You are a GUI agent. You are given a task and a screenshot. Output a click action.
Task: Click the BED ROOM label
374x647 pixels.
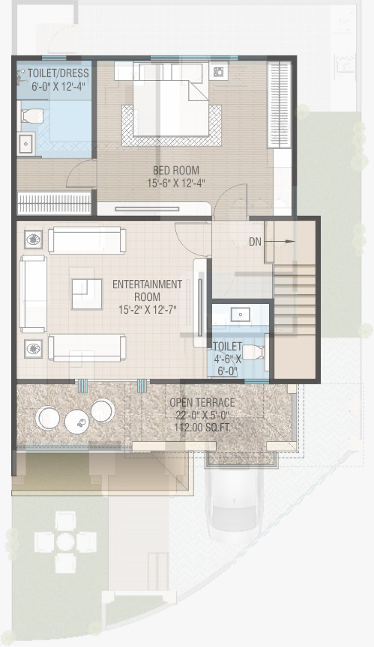coord(176,170)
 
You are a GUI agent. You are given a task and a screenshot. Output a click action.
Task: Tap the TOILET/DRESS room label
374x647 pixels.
coord(58,73)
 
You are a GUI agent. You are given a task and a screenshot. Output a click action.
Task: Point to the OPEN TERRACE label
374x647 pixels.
coord(202,402)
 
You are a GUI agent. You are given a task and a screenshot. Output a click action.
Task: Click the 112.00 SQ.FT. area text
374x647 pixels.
coord(202,428)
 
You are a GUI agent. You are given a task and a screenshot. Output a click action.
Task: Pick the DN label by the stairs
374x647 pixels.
coord(255,242)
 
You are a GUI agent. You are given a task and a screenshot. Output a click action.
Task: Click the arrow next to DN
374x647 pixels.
coord(280,241)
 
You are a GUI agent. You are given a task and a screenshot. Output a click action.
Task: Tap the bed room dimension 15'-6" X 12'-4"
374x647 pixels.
coord(176,183)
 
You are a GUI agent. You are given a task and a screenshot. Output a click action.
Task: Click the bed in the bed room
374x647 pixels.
coord(171,99)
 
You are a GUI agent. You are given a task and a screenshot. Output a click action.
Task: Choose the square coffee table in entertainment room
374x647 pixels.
coord(87,294)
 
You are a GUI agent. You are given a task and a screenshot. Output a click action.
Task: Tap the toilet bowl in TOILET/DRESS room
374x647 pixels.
coord(31,116)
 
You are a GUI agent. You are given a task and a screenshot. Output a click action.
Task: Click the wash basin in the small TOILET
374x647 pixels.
coord(239,315)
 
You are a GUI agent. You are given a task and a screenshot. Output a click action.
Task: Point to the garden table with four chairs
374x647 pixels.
coord(65,541)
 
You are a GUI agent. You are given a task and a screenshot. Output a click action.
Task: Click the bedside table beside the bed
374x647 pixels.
coord(217,72)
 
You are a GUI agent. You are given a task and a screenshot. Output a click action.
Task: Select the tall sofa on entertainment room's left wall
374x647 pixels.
coord(33,294)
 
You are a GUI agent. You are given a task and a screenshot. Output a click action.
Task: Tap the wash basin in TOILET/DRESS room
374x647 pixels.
coord(26,144)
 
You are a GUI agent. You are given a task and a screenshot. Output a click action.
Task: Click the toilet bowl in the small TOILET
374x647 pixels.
coord(253,353)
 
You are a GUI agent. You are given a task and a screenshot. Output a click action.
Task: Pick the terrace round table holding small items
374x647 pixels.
coord(77,422)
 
